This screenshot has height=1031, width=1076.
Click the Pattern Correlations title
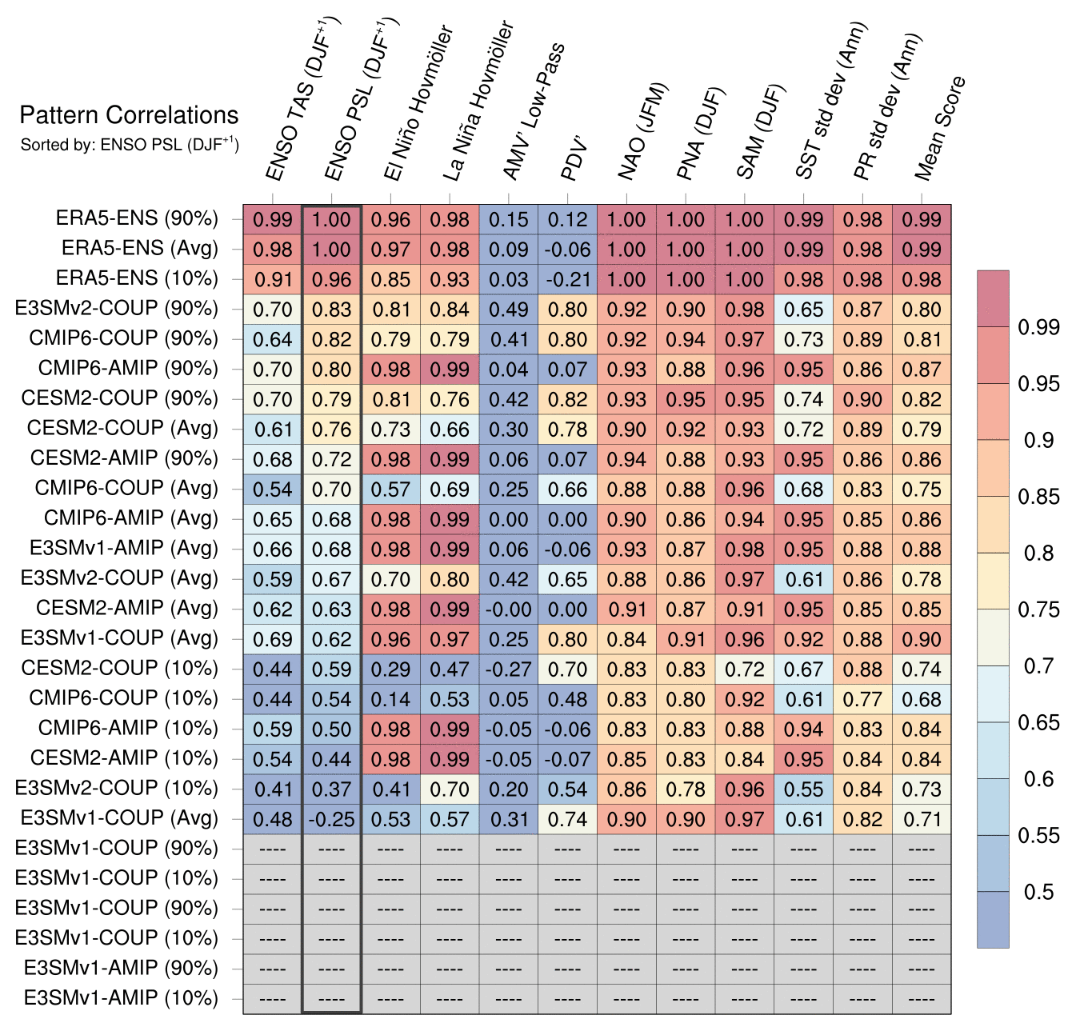tap(129, 115)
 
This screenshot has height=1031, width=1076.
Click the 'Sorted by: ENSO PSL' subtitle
tap(129, 145)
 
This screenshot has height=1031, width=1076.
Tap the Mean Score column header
tap(939, 128)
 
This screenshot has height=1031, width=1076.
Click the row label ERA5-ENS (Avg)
tap(139, 249)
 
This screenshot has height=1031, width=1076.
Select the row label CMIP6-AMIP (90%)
tap(128, 369)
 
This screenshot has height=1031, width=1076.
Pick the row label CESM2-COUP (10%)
tap(119, 669)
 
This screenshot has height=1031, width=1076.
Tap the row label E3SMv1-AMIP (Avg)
tap(123, 549)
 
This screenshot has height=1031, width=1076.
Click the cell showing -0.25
tap(331, 819)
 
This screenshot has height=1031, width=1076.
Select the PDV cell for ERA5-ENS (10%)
tap(567, 280)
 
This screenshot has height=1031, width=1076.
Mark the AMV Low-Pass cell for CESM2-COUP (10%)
tap(509, 669)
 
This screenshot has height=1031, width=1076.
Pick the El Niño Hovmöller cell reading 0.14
tap(390, 699)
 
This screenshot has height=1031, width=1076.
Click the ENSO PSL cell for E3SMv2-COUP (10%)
tap(331, 789)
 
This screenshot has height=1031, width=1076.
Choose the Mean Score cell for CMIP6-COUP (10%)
tap(922, 699)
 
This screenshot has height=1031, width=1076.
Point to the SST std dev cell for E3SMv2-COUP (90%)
tap(804, 310)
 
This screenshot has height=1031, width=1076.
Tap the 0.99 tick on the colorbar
tap(1038, 327)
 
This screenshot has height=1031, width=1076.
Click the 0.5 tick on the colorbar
tap(1038, 892)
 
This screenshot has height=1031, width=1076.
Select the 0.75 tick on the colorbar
tap(1038, 609)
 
